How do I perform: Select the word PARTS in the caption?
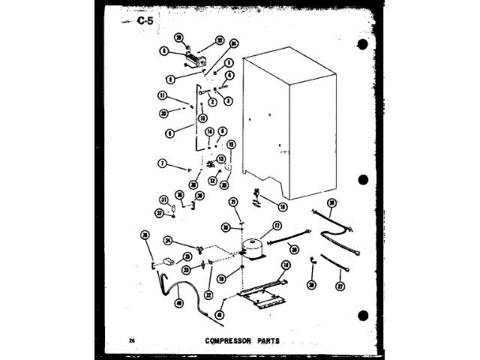click(267, 340)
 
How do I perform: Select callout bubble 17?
click(277, 225)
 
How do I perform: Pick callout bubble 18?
click(286, 265)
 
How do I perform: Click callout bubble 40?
click(179, 302)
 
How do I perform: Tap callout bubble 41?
click(220, 314)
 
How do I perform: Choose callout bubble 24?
click(169, 241)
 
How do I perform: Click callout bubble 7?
click(161, 163)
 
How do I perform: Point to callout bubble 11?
click(161, 96)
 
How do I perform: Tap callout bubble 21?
click(233, 202)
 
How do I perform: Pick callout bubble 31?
click(163, 199)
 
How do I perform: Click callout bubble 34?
click(234, 43)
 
